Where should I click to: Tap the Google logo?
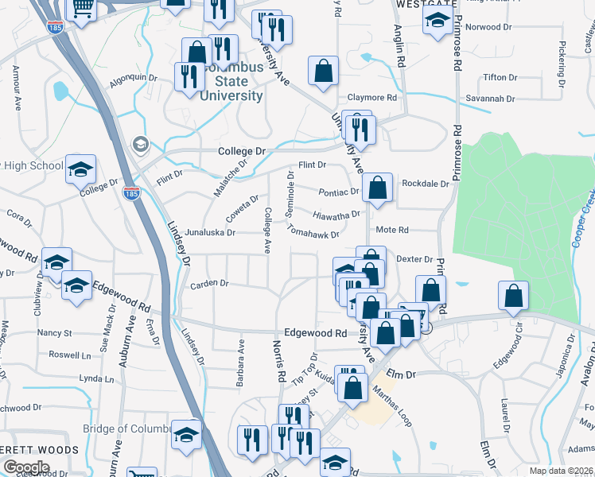click(26, 467)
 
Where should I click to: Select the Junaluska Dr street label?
click(210, 233)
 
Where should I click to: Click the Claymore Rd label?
click(371, 98)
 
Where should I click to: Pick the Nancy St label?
click(55, 333)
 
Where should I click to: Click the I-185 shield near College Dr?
click(132, 193)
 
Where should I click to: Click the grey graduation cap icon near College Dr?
click(141, 144)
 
